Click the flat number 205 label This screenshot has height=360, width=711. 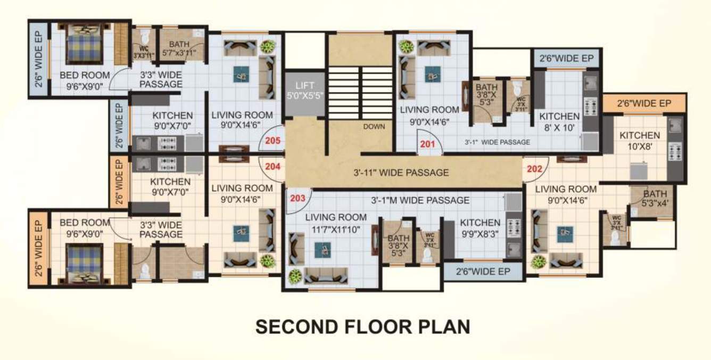coord(272,142)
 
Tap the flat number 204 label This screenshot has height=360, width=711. coord(272,166)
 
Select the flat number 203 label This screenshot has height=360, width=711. coord(298,198)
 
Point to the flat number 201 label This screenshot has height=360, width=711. coord(427,144)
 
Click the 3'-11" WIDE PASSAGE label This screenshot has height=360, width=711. coord(401,173)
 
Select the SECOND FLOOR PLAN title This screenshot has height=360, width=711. coord(362,326)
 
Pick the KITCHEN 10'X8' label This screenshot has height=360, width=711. coord(639,141)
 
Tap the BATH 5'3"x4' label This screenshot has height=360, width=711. coord(654,198)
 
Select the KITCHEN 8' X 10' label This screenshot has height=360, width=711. coord(559,121)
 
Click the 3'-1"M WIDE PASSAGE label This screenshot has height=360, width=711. coord(420,200)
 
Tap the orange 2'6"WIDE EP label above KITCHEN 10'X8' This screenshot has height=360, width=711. coord(644,103)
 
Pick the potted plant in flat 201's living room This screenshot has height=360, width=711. coord(407,46)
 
